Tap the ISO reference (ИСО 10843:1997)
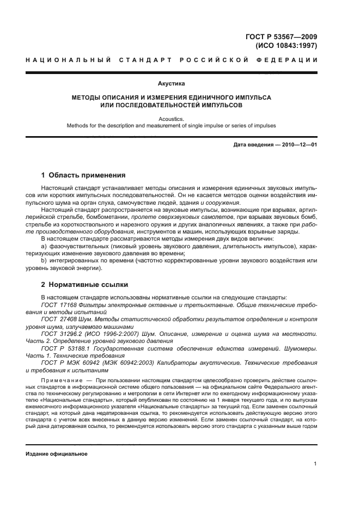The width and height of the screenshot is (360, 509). tap(286, 46)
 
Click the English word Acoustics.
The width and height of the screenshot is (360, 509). tap(171, 117)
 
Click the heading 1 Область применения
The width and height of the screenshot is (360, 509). tap(84, 175)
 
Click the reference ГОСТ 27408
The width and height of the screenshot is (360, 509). tap(58, 318)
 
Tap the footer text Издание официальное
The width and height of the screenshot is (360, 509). tap(57, 453)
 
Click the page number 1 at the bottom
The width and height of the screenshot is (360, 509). tap(315, 464)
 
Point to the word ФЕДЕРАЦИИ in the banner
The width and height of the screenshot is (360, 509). tap(290, 59)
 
